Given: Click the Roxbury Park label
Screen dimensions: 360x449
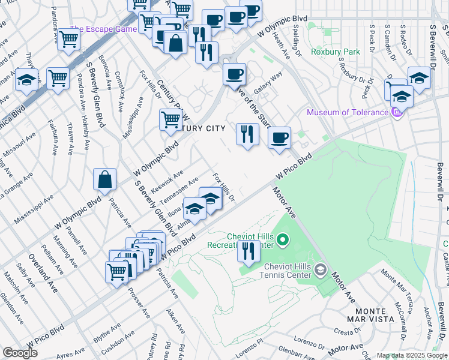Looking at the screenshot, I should [336, 52].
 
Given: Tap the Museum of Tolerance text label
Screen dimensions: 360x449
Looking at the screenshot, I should [347, 112].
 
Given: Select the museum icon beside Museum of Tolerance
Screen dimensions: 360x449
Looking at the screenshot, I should [396, 112].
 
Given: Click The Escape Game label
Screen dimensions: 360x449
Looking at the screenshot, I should [103, 29].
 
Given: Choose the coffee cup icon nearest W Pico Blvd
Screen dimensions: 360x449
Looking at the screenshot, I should [279, 139].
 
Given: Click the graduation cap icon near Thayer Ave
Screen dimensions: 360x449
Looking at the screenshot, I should [26, 80].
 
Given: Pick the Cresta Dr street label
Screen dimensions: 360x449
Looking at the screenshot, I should [346, 331].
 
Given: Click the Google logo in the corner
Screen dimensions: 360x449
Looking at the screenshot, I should [20, 353].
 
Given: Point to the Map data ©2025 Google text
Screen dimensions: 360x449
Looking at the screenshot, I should [411, 355].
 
